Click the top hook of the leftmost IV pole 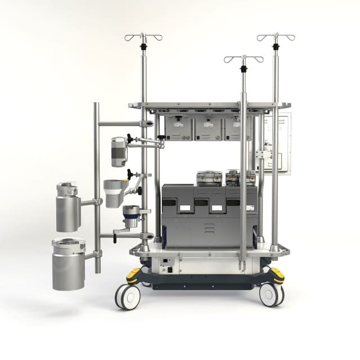click(x=143, y=37)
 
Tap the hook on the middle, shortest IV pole click(x=243, y=58)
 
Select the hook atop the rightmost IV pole click(x=276, y=37)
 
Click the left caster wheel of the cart click(x=127, y=296)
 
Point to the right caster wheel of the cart click(x=271, y=294)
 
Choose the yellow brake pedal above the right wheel click(x=277, y=274)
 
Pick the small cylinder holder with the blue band click(x=131, y=217)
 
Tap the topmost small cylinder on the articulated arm click(x=119, y=152)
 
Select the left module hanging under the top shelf click(x=178, y=128)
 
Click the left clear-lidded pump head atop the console click(x=208, y=178)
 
